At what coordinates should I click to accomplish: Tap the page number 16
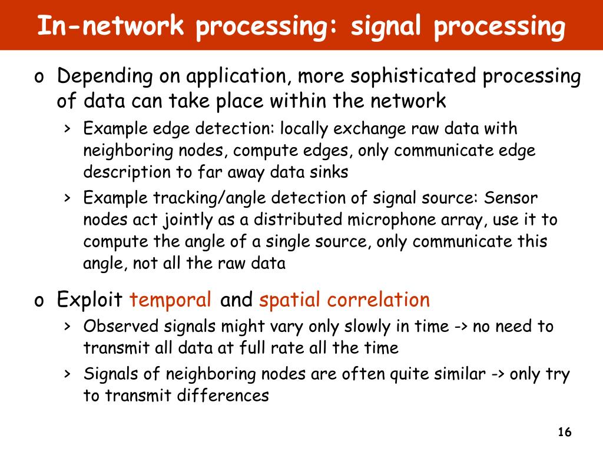click(x=564, y=433)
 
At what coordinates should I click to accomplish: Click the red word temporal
click(x=171, y=300)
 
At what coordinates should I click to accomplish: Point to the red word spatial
click(x=289, y=300)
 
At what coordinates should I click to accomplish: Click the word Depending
click(x=105, y=77)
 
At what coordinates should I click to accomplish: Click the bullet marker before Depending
click(x=39, y=77)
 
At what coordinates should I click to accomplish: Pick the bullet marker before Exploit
click(x=39, y=301)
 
